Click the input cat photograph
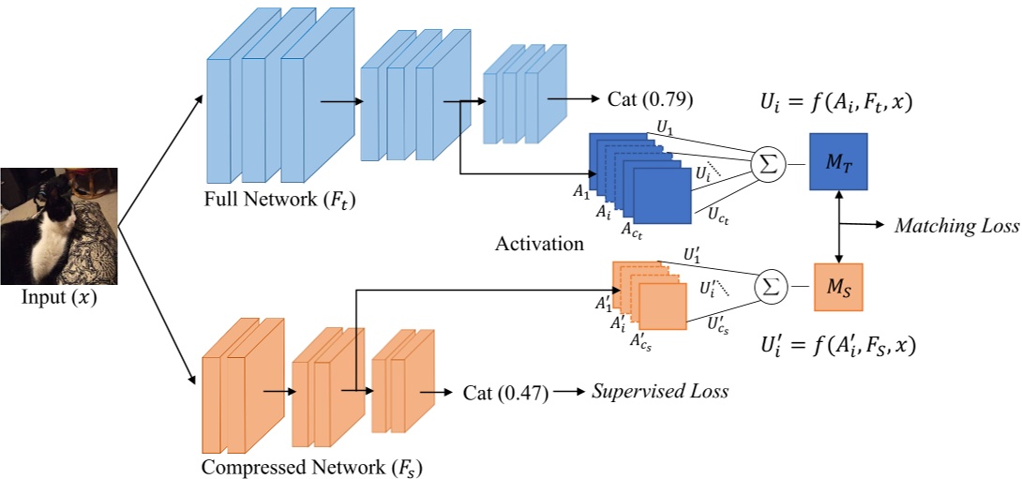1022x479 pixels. coord(58,225)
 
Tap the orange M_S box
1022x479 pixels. coord(837,286)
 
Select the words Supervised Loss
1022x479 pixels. coord(659,392)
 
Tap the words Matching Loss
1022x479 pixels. coord(956,226)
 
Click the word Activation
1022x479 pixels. coord(539,245)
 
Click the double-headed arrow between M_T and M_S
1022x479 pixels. coord(838,225)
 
